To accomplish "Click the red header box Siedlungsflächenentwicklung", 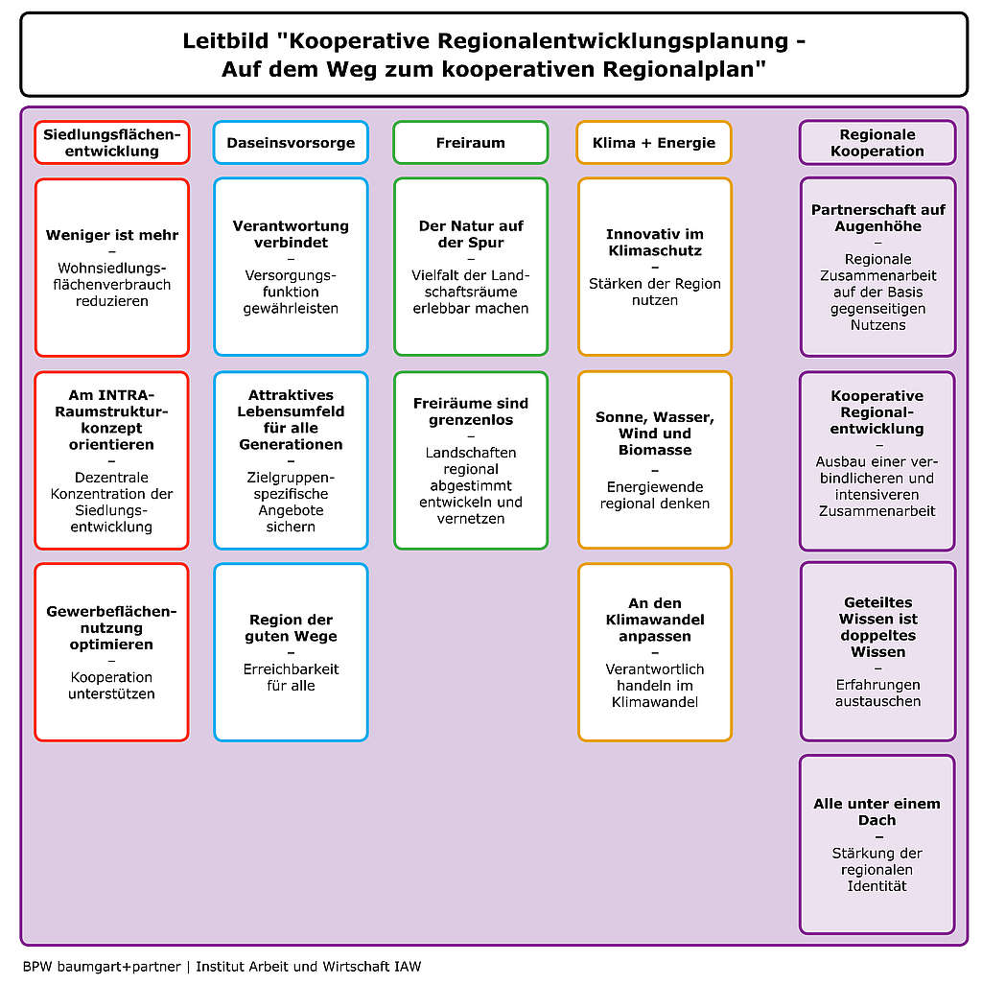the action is pyautogui.click(x=112, y=143).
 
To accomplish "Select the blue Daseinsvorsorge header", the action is pyautogui.click(x=291, y=143).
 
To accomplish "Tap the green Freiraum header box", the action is pyautogui.click(x=471, y=143).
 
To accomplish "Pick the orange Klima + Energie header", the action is pyautogui.click(x=654, y=143).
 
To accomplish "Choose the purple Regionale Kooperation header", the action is pyautogui.click(x=877, y=143).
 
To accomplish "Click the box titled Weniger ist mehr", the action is pyautogui.click(x=112, y=268).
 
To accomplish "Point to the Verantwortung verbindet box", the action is pyautogui.click(x=291, y=267).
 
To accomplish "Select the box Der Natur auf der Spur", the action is pyautogui.click(x=471, y=267).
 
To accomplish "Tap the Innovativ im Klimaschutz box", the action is pyautogui.click(x=655, y=267).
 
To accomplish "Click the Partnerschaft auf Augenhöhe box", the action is pyautogui.click(x=877, y=267).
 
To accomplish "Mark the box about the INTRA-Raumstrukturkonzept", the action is pyautogui.click(x=112, y=460).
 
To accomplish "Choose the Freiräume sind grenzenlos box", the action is pyautogui.click(x=471, y=460).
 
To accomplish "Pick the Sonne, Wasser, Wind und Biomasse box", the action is pyautogui.click(x=655, y=459).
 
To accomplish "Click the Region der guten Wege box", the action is pyautogui.click(x=291, y=652).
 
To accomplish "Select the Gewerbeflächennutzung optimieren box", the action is pyautogui.click(x=112, y=652).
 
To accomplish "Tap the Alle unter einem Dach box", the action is pyautogui.click(x=877, y=844).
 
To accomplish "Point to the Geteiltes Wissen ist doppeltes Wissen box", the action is pyautogui.click(x=877, y=651).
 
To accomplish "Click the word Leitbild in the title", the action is pyautogui.click(x=226, y=41).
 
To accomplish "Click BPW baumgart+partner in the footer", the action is pyautogui.click(x=102, y=966).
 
